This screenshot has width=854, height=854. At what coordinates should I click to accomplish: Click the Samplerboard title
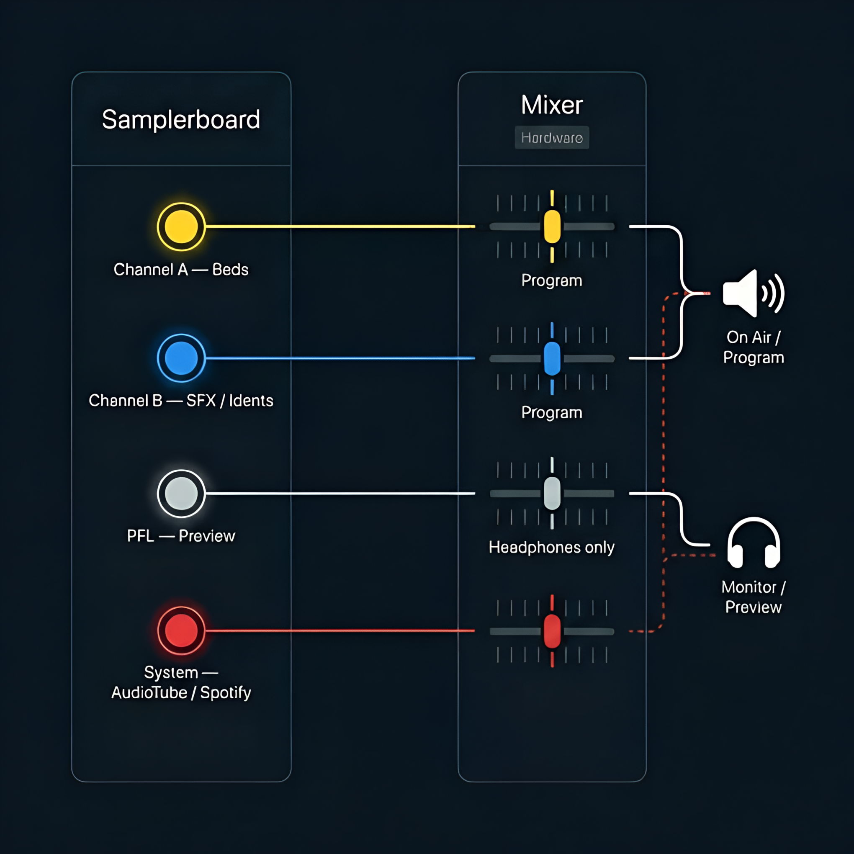tap(181, 119)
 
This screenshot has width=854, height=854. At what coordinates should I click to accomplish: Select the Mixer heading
tap(552, 105)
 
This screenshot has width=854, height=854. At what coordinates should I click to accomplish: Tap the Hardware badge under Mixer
tap(552, 137)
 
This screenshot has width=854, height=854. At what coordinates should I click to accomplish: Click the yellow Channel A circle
tap(181, 227)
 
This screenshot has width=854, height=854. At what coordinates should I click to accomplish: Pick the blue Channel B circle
tap(181, 358)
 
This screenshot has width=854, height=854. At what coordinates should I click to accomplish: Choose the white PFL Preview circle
tap(181, 493)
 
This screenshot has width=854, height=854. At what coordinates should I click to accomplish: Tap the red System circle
tap(181, 630)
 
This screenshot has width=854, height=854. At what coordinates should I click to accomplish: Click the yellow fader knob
tap(552, 227)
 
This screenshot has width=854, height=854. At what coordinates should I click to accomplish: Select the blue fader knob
tap(552, 358)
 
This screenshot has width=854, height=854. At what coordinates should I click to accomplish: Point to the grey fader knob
tap(552, 493)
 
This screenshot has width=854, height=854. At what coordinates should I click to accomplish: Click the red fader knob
tap(552, 631)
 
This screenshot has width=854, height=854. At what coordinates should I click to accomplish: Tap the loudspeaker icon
tap(753, 293)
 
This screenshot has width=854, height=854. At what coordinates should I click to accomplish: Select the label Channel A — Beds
tap(181, 269)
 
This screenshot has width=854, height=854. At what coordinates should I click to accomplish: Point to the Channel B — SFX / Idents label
tap(181, 401)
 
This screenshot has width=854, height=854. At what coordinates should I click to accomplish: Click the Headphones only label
tap(551, 547)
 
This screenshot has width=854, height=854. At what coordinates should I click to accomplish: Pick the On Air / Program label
tap(753, 347)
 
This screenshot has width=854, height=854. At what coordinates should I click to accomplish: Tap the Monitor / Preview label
tap(753, 597)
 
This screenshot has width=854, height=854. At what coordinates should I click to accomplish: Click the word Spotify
tap(226, 693)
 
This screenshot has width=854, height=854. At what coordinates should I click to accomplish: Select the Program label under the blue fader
tap(552, 412)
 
